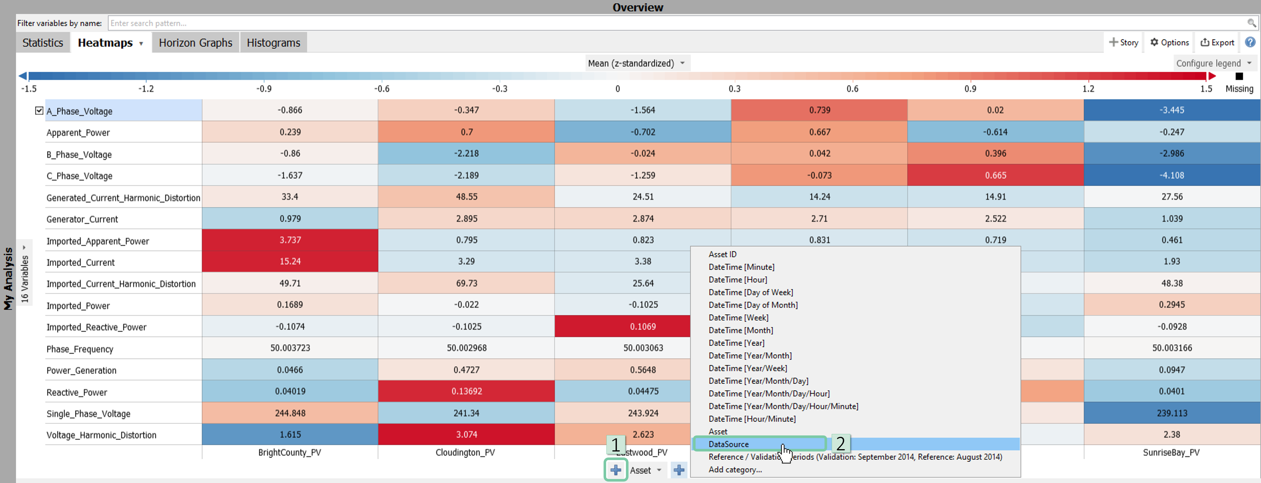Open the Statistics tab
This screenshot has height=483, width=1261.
(x=43, y=43)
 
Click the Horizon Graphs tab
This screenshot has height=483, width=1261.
(x=195, y=43)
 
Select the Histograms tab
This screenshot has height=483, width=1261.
(x=273, y=43)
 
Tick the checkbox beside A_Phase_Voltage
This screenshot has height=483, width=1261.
(x=39, y=111)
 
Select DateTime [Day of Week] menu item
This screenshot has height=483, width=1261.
(x=750, y=292)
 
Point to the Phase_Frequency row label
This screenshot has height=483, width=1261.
(x=80, y=349)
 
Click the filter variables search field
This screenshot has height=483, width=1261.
(x=678, y=23)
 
